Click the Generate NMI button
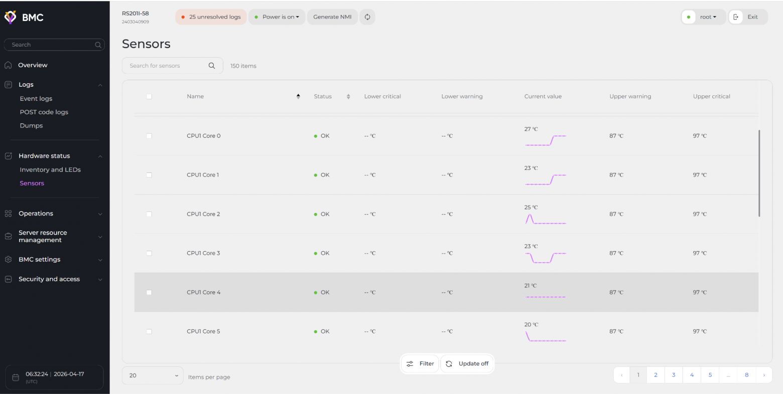[x=332, y=17]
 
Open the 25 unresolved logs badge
[x=211, y=17]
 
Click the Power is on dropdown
[x=277, y=17]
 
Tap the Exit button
[x=748, y=17]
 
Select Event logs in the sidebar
[x=36, y=98]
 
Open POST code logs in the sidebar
[x=44, y=112]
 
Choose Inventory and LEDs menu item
[x=50, y=169]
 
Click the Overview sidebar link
[x=33, y=65]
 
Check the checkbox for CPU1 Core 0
[x=149, y=136]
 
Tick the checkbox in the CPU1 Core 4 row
[x=149, y=292]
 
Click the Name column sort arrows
[x=298, y=96]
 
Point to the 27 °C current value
[x=531, y=129]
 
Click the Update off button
[x=467, y=363]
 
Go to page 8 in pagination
[x=746, y=375]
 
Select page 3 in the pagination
[x=674, y=375]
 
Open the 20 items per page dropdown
[x=153, y=375]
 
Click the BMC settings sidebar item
[x=40, y=259]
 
